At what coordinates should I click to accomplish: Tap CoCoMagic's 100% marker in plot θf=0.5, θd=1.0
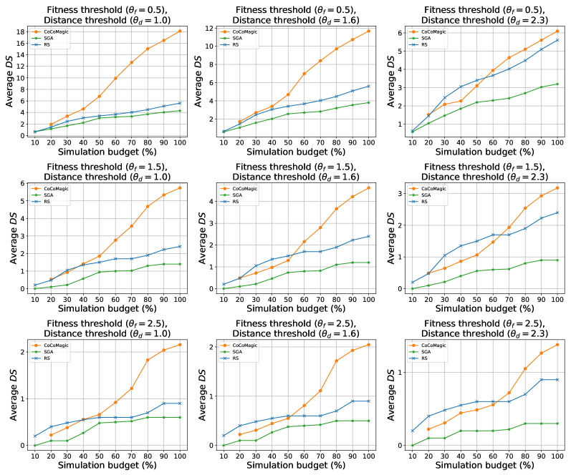point(178,31)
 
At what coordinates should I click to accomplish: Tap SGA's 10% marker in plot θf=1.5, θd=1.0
point(35,289)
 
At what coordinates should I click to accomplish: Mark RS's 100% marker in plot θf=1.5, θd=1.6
point(368,236)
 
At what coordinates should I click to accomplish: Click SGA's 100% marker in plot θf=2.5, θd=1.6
point(368,421)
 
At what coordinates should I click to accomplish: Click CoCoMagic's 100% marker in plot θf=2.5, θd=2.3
point(557,345)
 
